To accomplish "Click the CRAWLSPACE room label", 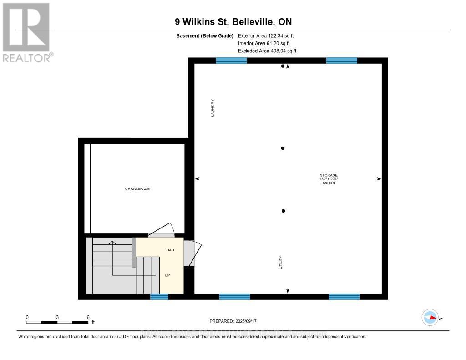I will coord(137,188).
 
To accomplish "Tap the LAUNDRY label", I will coord(213,109).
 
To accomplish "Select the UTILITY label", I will coord(281,262).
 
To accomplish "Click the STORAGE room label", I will coord(328,175).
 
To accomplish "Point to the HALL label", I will coord(171,250).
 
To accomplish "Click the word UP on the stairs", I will coord(167,275).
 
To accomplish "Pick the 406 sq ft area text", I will coord(328,183).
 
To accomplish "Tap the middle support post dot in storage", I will coord(283,148).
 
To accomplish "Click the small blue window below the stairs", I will coord(159,297).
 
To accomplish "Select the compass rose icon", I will coord(430,318).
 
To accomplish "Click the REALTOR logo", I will coord(26,32).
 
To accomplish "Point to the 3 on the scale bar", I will coord(57,317).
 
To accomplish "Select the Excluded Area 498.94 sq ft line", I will coord(267,51).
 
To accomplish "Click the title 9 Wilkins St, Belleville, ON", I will coord(233,21).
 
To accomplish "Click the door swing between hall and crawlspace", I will coord(162,230).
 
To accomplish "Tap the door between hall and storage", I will coord(192,253).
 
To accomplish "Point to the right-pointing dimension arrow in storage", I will coord(379,179).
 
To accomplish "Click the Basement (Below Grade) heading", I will coord(204,35).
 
